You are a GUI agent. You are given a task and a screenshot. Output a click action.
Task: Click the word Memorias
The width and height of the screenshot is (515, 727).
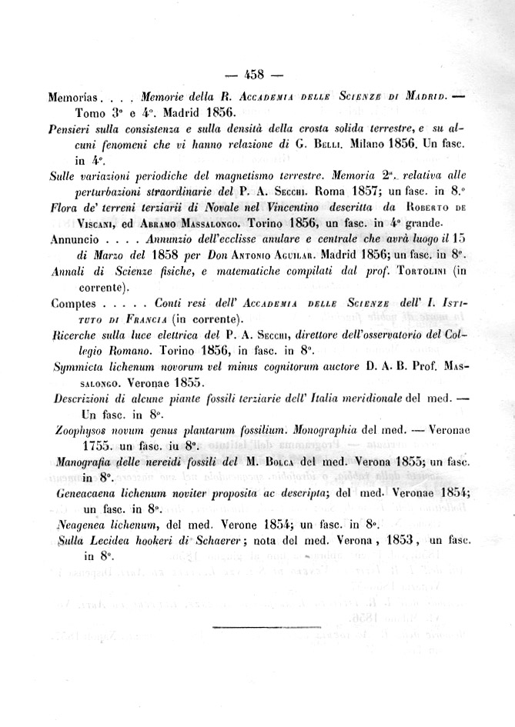(x=73, y=98)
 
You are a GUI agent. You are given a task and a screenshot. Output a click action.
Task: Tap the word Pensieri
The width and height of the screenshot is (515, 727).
(x=72, y=128)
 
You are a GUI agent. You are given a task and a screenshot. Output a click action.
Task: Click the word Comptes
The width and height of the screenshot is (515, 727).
(x=72, y=303)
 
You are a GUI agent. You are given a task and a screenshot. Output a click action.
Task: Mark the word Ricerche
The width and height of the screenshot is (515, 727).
(x=76, y=335)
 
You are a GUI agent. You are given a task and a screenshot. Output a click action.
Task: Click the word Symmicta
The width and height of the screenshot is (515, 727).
(x=82, y=367)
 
